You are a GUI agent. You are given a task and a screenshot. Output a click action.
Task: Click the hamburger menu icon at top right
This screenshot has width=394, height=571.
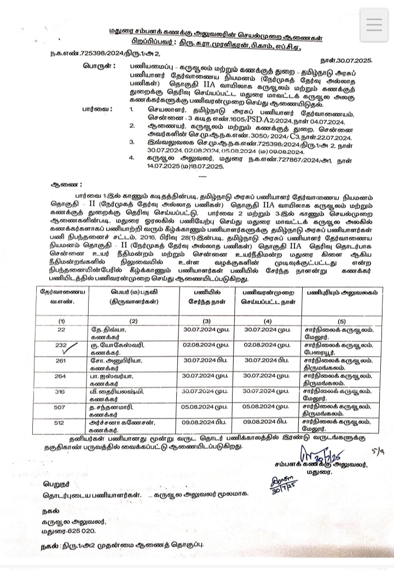[375, 25]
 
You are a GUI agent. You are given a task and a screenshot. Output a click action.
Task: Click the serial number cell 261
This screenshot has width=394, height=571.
[61, 360]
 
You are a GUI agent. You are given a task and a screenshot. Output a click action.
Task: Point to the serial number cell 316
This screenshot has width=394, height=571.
[61, 392]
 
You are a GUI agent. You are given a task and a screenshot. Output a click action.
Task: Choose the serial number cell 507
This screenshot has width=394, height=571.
[61, 407]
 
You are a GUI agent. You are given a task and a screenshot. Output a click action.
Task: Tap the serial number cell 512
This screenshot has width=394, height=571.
[61, 422]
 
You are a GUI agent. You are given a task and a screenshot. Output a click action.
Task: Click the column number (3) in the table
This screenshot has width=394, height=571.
[206, 320]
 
